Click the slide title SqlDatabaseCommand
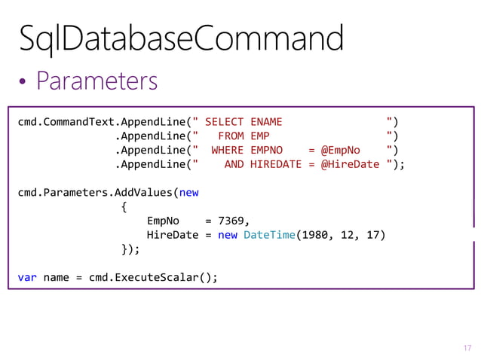(181, 38)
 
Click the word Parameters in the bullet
(97, 81)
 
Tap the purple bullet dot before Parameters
(24, 82)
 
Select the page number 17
(467, 347)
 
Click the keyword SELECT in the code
(224, 122)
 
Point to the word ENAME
(266, 122)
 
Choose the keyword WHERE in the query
(227, 150)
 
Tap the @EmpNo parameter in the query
(341, 150)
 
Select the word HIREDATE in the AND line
(276, 164)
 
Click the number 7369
(231, 221)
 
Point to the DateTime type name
(269, 235)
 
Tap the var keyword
(27, 276)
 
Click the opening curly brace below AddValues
(124, 206)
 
